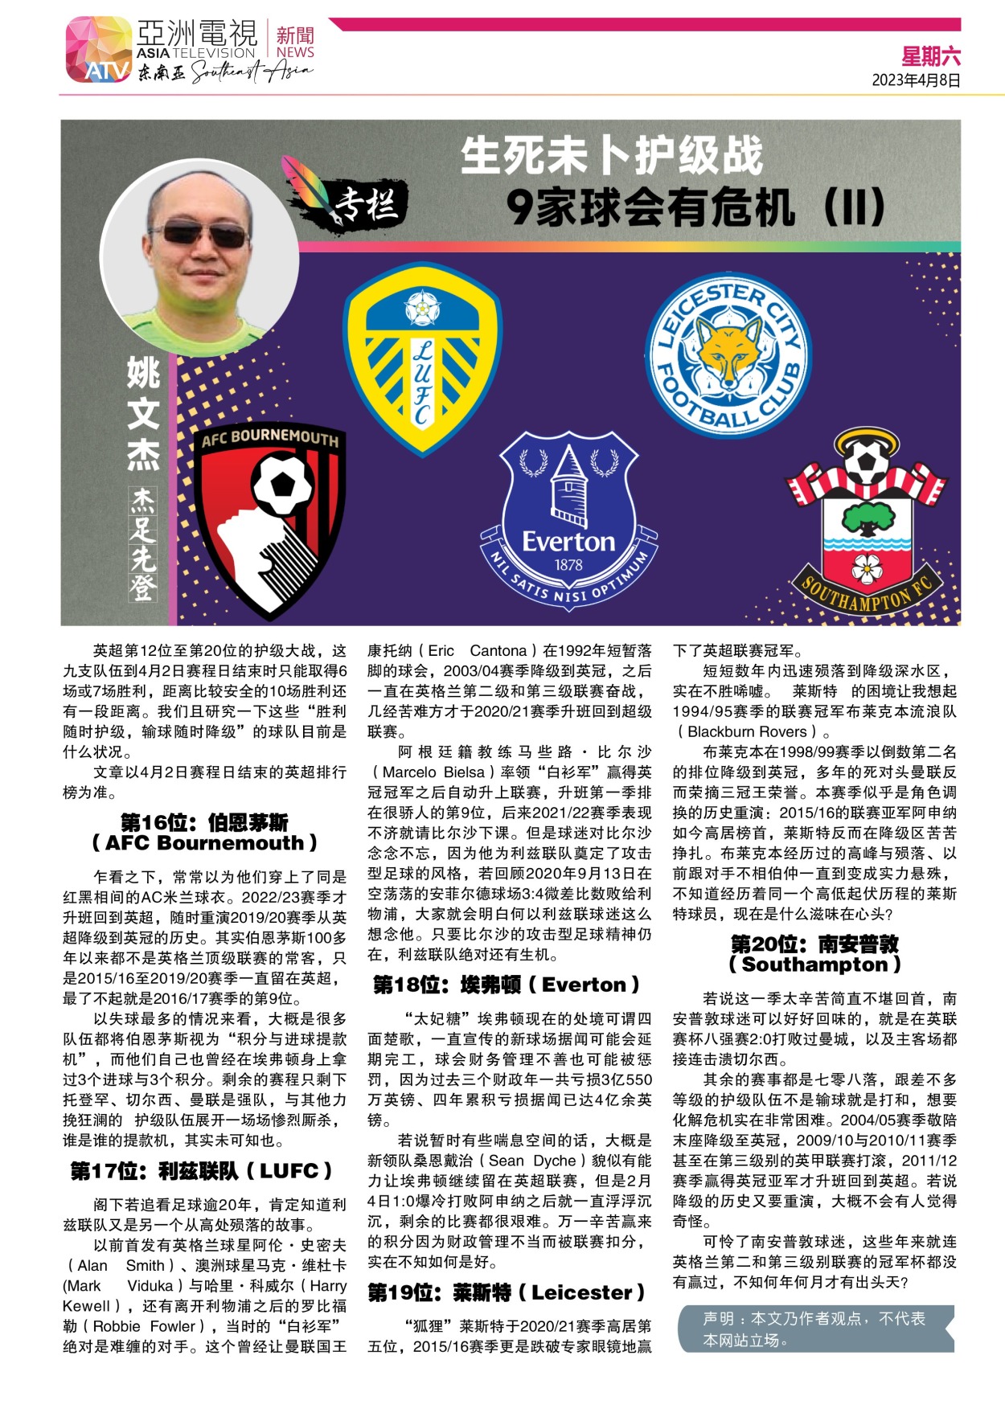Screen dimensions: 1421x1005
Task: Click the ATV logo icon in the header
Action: click(98, 50)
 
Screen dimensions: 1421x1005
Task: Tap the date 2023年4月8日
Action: click(916, 80)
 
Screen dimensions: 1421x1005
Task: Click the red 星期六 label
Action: click(930, 56)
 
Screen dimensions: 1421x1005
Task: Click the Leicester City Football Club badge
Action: click(728, 356)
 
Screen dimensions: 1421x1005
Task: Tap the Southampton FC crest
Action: click(866, 522)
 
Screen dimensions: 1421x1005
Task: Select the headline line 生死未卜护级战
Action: click(611, 156)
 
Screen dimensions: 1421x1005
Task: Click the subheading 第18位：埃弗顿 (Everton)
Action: click(507, 985)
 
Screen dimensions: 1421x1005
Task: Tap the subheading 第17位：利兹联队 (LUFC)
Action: click(201, 1171)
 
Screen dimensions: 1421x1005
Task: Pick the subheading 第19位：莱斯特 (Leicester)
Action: click(507, 1292)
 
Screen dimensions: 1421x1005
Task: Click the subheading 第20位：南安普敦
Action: click(814, 944)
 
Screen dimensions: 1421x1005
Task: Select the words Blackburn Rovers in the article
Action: click(747, 731)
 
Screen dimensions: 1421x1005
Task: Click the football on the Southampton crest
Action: click(866, 461)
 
